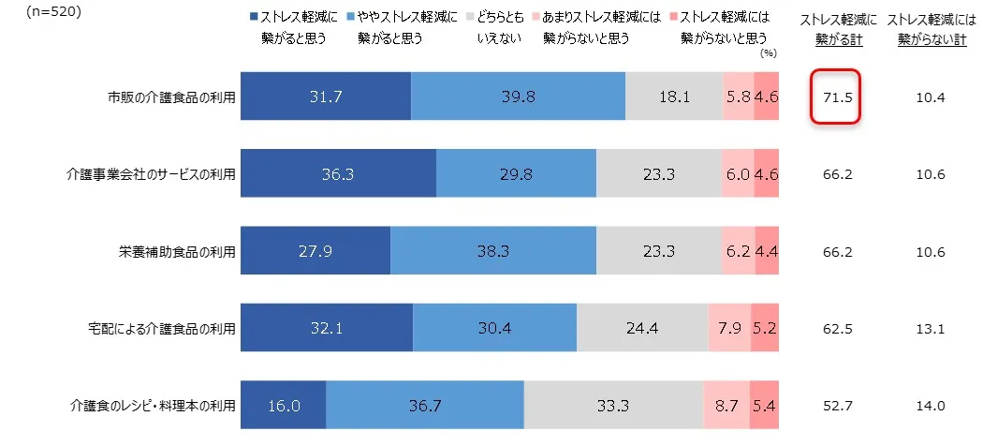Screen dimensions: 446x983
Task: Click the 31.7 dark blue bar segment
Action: coord(326,97)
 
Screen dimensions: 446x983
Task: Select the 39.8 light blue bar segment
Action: coord(518,97)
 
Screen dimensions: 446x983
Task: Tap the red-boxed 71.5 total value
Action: coord(835,97)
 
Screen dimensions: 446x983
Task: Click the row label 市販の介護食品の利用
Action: coord(171,97)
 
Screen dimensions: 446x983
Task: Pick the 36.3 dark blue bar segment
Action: coord(339,174)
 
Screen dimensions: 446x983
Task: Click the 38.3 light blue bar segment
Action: coord(492,251)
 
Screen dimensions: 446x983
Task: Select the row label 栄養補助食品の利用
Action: coord(177,252)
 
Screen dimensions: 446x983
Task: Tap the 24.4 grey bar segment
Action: coord(642,328)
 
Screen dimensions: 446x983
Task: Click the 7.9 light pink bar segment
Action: coord(729,328)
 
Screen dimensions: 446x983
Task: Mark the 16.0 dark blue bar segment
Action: coord(284,405)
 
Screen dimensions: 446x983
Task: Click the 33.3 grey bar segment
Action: coord(613,405)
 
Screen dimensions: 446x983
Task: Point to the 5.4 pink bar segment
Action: coord(765,405)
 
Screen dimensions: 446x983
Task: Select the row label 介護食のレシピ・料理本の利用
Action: coord(153,406)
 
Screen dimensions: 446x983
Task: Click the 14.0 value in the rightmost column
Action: coord(932,406)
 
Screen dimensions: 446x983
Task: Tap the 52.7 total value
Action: coord(835,406)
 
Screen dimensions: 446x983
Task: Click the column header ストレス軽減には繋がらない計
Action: coord(932,29)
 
